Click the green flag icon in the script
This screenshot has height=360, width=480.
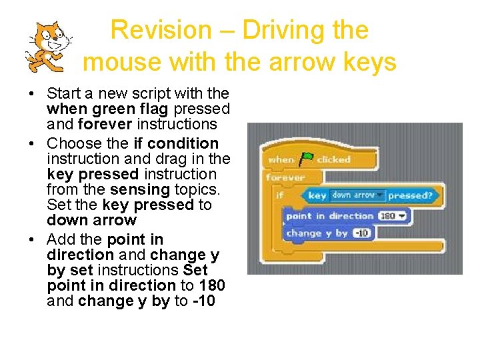307,159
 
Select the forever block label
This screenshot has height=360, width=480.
285,177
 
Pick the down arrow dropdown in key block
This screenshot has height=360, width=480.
358,195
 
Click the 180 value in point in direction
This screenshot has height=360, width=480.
388,216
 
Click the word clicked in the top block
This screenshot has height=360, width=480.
333,160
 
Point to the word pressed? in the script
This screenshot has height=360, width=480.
410,195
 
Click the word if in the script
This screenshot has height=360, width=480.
279,195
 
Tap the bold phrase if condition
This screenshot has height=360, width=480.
176,143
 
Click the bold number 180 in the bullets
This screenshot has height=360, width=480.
211,285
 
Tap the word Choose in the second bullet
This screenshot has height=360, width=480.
73,143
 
